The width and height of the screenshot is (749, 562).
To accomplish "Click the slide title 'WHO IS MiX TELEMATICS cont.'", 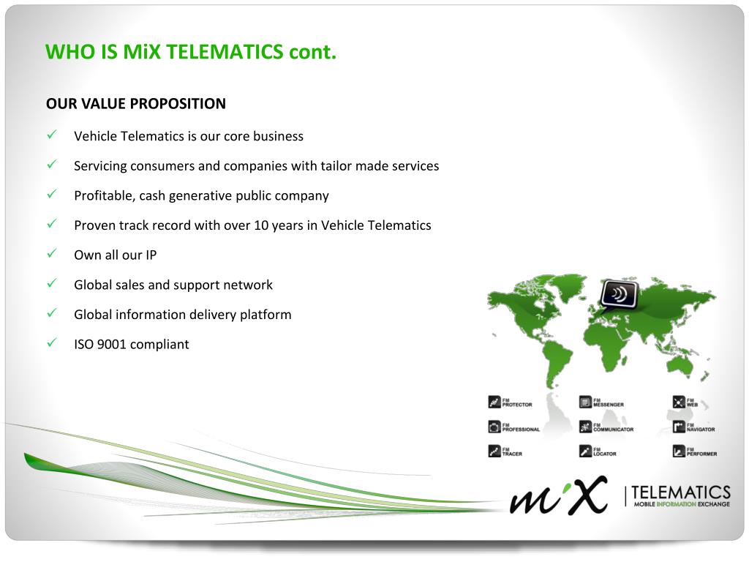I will tap(191, 52).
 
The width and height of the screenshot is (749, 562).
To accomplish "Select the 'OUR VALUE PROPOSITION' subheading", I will tap(136, 104).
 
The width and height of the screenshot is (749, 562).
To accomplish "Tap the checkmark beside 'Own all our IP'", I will tap(52, 254).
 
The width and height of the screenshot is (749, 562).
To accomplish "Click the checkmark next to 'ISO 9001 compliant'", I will tap(52, 343).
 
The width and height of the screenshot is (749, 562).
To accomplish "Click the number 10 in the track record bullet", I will tap(261, 225).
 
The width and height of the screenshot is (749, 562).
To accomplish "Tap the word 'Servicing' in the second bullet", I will tap(100, 166).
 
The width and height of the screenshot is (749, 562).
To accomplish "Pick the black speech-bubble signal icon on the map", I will tap(618, 295).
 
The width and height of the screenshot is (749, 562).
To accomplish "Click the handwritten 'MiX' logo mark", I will tap(559, 496).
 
